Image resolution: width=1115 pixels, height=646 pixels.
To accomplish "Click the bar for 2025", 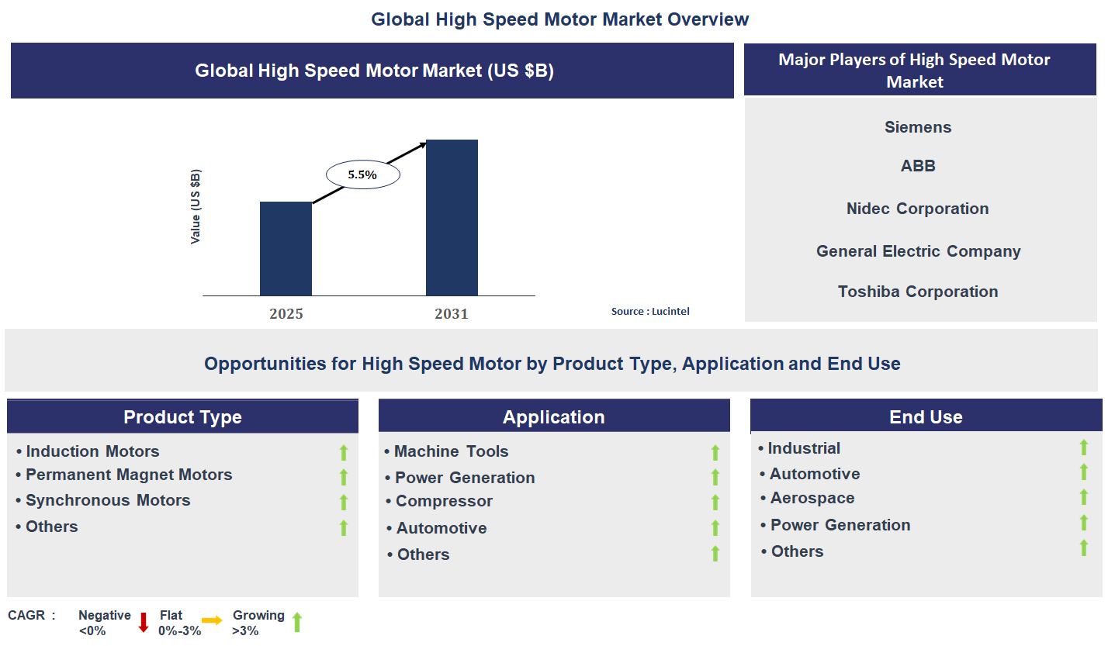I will point(286,248).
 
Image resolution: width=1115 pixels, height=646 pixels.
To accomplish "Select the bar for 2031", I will point(452,217).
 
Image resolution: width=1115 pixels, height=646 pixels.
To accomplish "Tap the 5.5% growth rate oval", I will point(362,175).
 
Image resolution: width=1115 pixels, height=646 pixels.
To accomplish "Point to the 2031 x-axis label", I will point(452,314).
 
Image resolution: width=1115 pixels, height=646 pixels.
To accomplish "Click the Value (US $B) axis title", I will point(196,206).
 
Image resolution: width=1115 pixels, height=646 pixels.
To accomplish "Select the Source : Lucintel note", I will point(650,312).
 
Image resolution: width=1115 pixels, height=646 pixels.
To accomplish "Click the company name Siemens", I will point(918,127).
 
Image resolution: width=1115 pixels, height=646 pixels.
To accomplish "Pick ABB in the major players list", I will point(918,166).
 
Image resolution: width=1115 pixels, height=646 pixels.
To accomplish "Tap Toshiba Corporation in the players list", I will point(918,292).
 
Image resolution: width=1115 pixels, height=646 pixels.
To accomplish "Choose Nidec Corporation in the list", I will point(918,209).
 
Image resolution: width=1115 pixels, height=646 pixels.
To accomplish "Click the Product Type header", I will point(182,417).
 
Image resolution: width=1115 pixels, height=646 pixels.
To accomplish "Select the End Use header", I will point(926,417).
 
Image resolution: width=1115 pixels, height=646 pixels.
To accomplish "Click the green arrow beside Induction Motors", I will point(344,453).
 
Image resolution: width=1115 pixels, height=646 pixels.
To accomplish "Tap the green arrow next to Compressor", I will point(715,503).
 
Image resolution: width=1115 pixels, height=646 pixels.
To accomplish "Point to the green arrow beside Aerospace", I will point(1084,497).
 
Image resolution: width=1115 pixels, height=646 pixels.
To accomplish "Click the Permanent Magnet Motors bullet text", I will point(129,475).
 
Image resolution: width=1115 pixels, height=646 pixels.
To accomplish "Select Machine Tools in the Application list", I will point(451,451).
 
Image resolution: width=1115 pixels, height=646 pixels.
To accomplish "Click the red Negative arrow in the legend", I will point(143,622).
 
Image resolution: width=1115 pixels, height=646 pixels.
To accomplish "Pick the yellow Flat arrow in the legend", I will point(212,620).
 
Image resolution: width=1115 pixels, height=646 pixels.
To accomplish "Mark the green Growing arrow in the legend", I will point(296,622).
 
